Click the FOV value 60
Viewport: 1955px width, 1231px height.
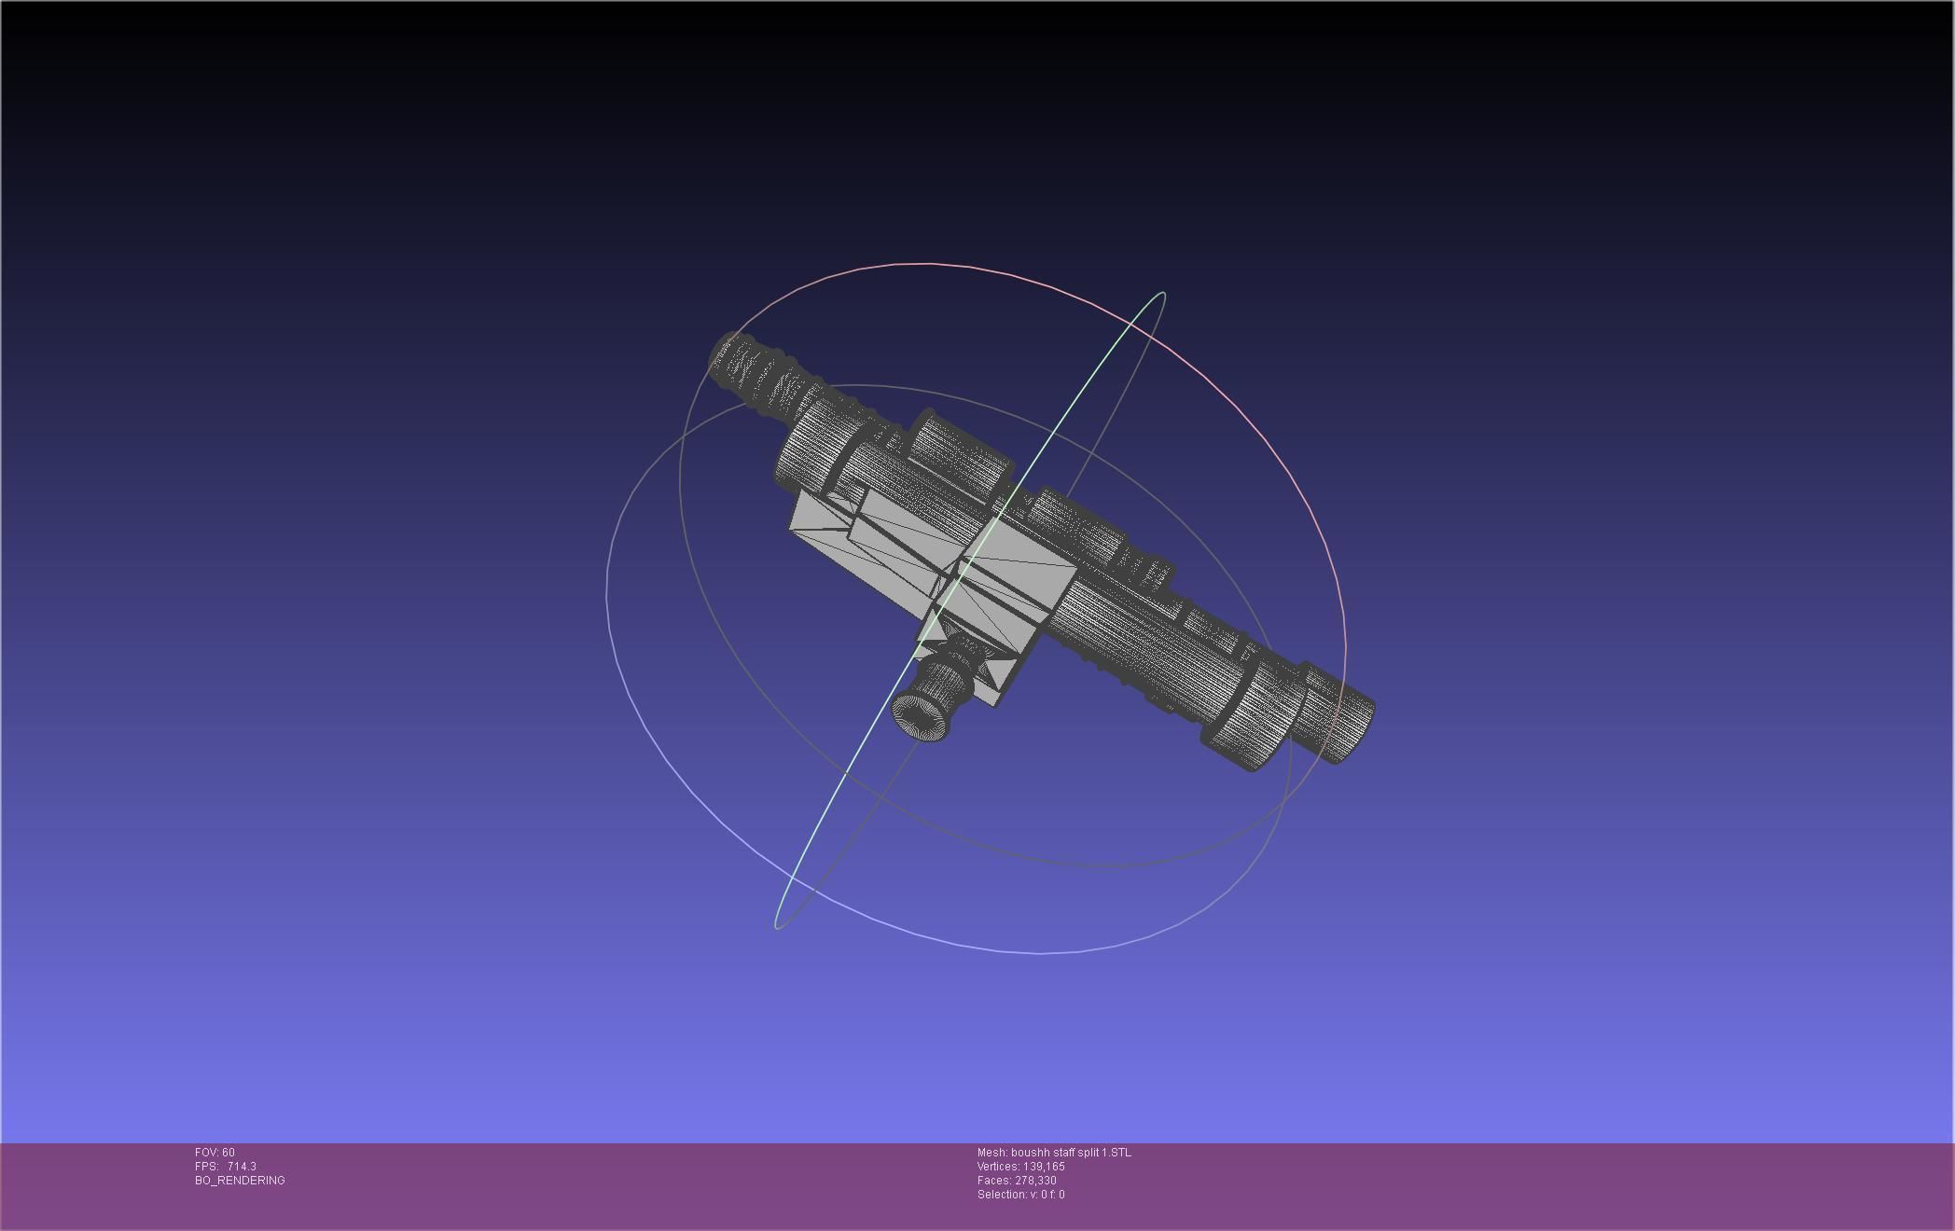229,1153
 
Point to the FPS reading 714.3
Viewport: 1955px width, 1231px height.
242,1167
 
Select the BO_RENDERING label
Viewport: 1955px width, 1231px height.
240,1181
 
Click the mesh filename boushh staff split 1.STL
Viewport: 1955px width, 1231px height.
1071,1153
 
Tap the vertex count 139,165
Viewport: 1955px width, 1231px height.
1044,1167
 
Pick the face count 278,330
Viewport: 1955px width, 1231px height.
1035,1181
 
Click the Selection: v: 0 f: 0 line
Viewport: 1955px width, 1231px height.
1020,1195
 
